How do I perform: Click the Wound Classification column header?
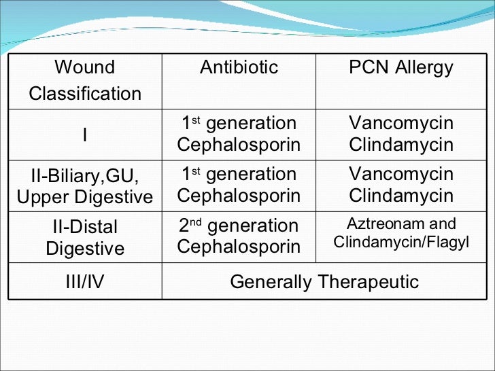click(x=85, y=80)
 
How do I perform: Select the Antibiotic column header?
click(x=239, y=67)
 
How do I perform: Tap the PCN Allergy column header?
click(x=400, y=67)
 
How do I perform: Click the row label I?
click(x=85, y=135)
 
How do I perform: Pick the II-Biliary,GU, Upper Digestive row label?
click(x=85, y=185)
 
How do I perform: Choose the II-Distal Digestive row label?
click(x=85, y=237)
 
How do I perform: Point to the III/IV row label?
click(x=85, y=282)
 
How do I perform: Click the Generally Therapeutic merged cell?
click(x=324, y=282)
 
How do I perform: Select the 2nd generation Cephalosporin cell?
click(x=239, y=236)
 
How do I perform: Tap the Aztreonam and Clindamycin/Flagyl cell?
click(x=400, y=233)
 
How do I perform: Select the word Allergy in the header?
click(x=425, y=67)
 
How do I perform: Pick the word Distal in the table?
click(x=95, y=227)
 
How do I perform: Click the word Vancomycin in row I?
click(x=400, y=123)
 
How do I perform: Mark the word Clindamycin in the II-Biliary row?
click(x=400, y=196)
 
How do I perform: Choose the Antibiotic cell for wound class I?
click(x=239, y=134)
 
